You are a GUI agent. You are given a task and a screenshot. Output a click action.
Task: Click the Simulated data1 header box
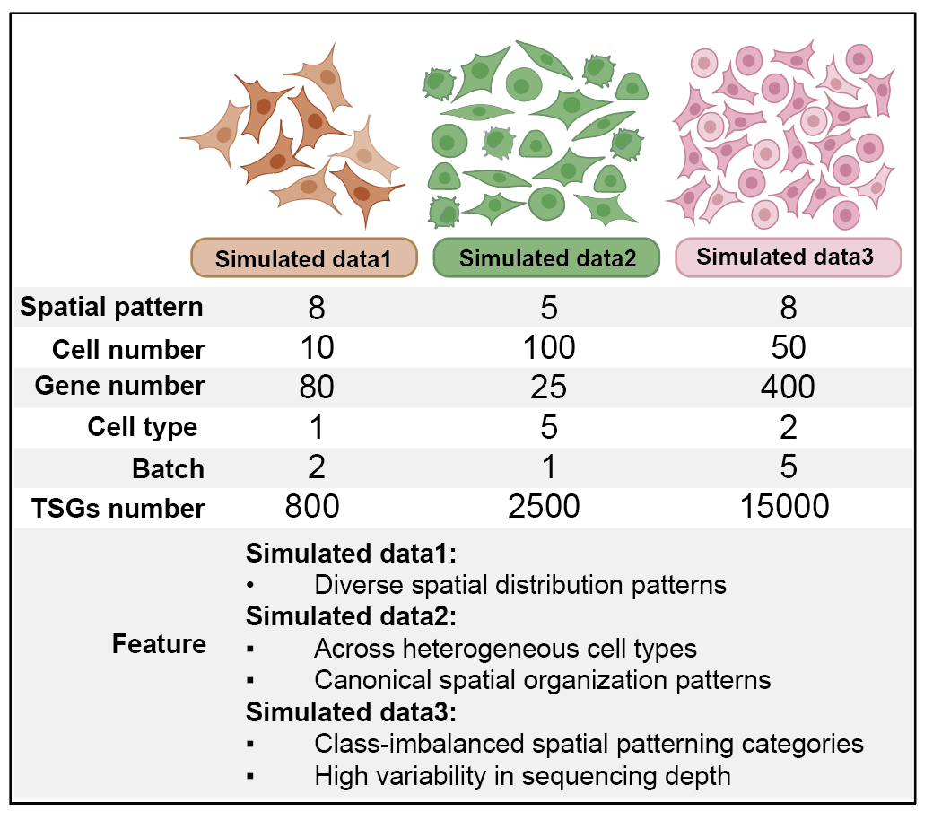303,257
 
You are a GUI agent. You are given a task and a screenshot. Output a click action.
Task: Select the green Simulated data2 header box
547,257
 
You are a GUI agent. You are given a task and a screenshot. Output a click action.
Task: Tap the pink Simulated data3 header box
789,257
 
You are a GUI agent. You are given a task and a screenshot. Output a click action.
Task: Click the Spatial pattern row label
111,308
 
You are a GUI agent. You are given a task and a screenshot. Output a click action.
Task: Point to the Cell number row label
128,349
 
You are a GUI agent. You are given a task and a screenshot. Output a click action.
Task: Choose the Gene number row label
119,386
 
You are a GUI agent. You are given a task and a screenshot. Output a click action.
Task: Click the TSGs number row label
118,508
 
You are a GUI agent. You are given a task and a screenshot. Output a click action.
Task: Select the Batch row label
169,468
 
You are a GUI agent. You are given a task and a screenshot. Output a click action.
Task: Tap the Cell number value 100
549,347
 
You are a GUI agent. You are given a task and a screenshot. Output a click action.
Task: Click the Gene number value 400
788,387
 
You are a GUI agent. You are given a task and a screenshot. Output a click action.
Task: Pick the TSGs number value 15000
784,506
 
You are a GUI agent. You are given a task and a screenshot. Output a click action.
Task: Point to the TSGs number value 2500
544,506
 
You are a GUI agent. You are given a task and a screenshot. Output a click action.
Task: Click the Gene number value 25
549,387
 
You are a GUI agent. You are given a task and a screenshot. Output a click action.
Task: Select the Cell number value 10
318,347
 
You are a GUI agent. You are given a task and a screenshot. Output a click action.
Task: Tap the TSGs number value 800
312,506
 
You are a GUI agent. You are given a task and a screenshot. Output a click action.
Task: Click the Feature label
159,644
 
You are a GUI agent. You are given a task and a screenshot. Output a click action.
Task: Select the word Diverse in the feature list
360,585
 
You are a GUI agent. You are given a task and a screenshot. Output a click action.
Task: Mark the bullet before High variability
250,776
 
